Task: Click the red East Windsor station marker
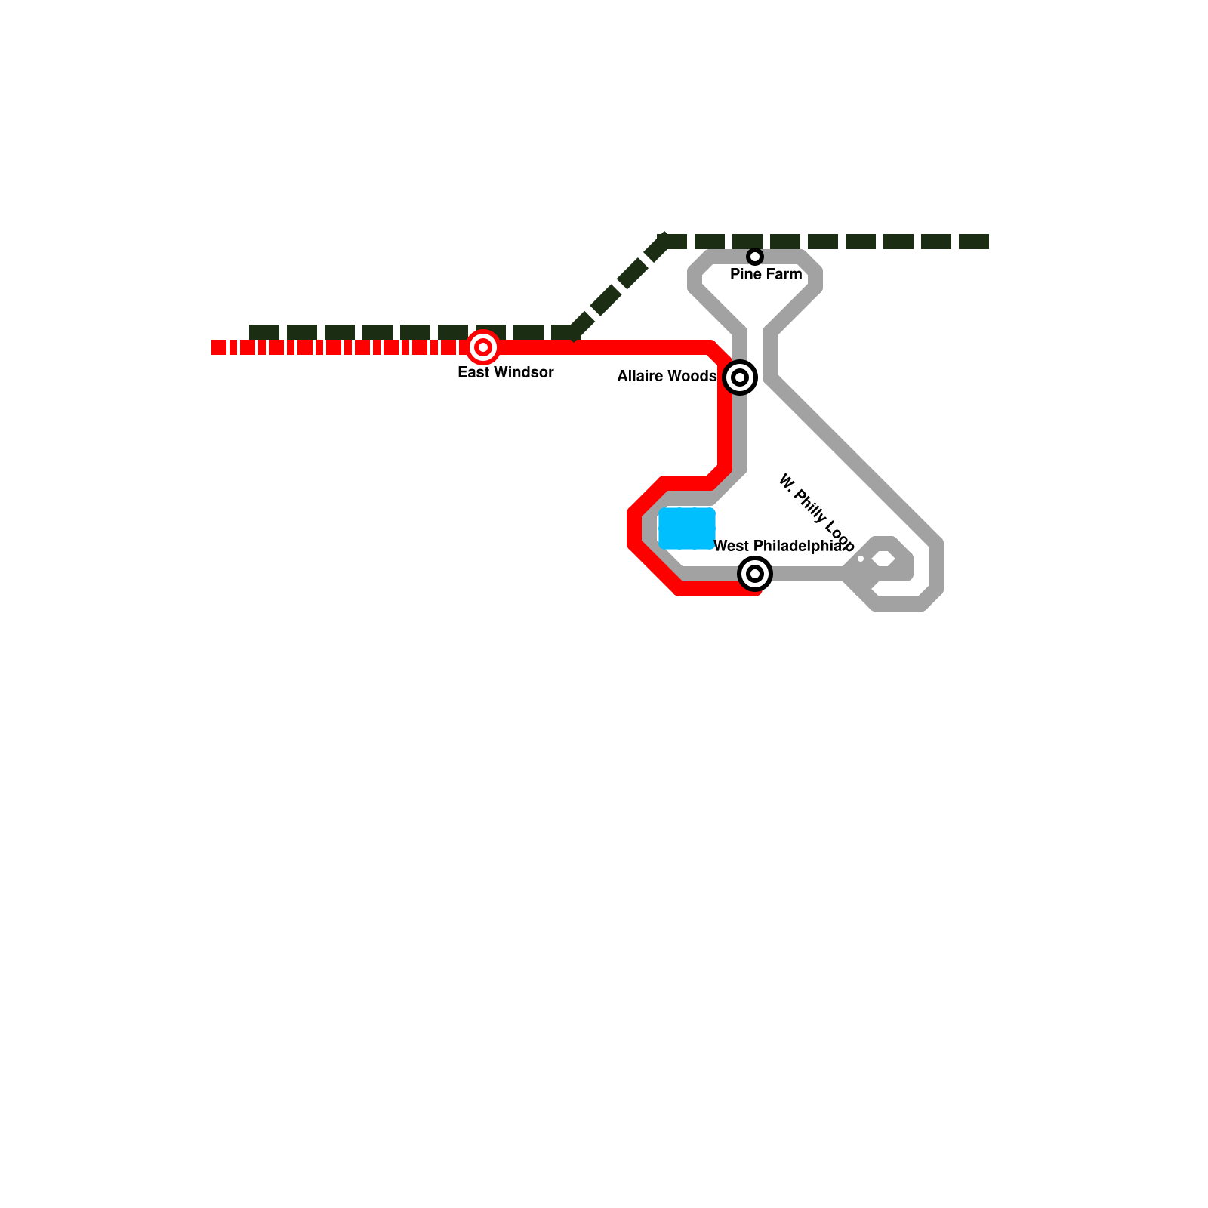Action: [483, 348]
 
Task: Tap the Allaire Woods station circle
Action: [740, 377]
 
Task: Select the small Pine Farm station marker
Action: [755, 257]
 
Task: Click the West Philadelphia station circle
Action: [755, 574]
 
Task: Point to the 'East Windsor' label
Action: [506, 372]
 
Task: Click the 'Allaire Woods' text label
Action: [667, 376]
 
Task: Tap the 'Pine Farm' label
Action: [766, 274]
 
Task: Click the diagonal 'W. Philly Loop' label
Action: [815, 511]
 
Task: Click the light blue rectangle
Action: [687, 528]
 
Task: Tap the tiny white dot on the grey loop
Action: [861, 559]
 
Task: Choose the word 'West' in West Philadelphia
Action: [731, 546]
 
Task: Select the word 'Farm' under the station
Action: [784, 274]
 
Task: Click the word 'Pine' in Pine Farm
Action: [746, 274]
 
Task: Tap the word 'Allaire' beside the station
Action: [643, 376]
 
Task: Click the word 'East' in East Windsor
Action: [473, 372]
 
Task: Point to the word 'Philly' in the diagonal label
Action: [811, 507]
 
